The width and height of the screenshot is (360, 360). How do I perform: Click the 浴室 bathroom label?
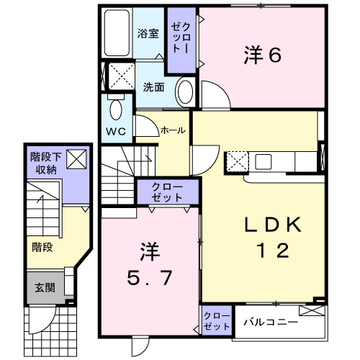pyautogui.click(x=148, y=33)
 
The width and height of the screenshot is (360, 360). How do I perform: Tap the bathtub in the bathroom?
pyautogui.click(x=117, y=33)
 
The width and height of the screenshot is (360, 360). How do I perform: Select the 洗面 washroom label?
pyautogui.click(x=153, y=87)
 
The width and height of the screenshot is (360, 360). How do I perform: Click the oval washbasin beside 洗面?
pyautogui.click(x=186, y=92)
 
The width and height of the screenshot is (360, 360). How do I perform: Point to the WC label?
pyautogui.click(x=116, y=131)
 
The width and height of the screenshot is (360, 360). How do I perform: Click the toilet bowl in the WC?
pyautogui.click(x=116, y=110)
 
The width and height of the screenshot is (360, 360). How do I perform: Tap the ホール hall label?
pyautogui.click(x=173, y=130)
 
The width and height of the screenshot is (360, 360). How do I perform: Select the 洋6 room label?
pyautogui.click(x=263, y=55)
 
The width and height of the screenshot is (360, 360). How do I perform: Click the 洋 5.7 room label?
pyautogui.click(x=149, y=264)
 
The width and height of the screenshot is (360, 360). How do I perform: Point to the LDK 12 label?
pyautogui.click(x=273, y=237)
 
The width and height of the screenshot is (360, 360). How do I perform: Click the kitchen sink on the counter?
pyautogui.click(x=264, y=162)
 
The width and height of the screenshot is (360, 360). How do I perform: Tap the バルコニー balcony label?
pyautogui.click(x=271, y=322)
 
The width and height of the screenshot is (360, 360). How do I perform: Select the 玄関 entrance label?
pyautogui.click(x=45, y=287)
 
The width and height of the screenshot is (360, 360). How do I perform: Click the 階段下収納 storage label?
pyautogui.click(x=45, y=163)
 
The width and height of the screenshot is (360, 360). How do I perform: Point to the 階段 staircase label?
pyautogui.click(x=42, y=247)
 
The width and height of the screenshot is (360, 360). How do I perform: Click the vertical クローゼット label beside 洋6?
pyautogui.click(x=181, y=37)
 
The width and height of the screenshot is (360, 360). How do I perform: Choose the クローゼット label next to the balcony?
pyautogui.click(x=217, y=321)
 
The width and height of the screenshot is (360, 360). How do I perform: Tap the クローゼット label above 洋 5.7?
pyautogui.click(x=167, y=192)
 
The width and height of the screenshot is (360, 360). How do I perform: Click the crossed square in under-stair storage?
pyautogui.click(x=76, y=159)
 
